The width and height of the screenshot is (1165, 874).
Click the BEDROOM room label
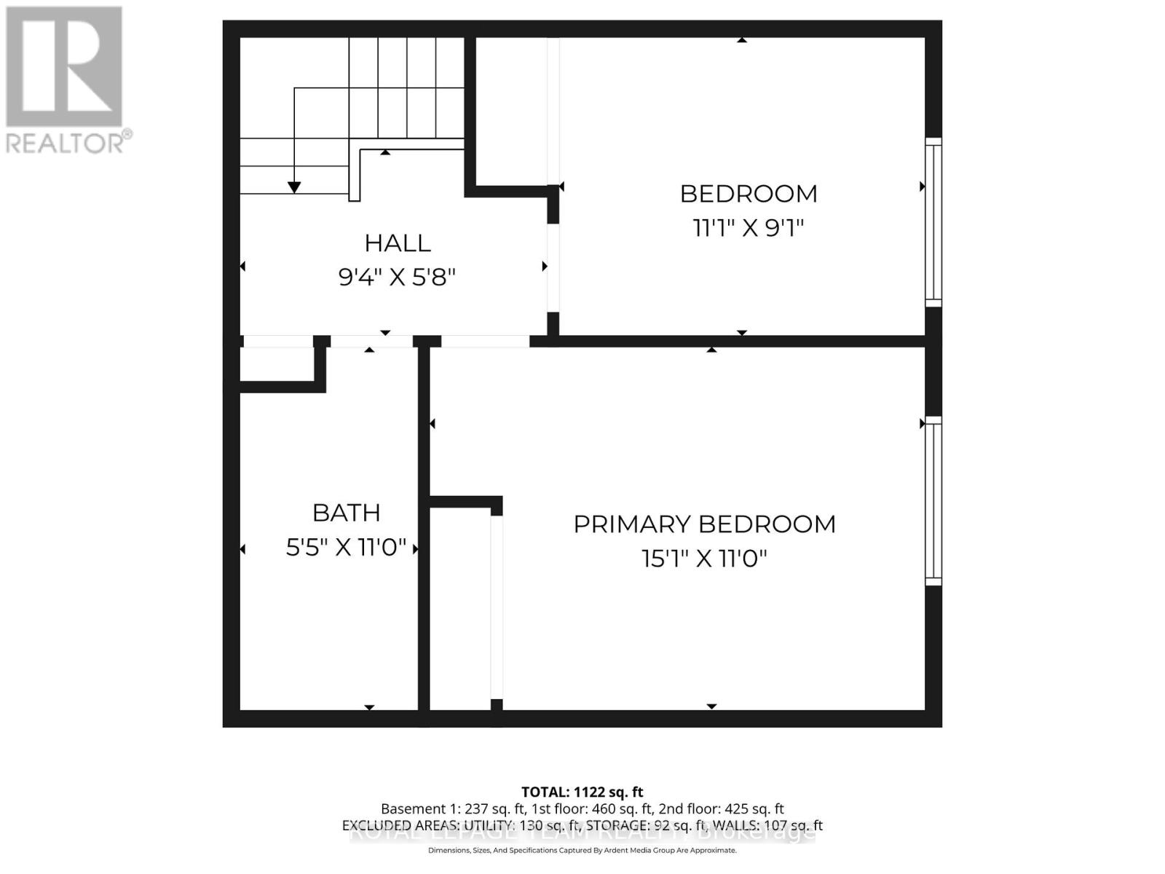tap(749, 194)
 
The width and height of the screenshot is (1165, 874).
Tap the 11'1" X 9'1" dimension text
tap(748, 228)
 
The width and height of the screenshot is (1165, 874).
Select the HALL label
tap(398, 243)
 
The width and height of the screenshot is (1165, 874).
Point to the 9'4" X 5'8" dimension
tap(397, 277)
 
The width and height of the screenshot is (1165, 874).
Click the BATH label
tap(346, 513)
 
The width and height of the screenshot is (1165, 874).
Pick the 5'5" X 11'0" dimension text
tap(346, 547)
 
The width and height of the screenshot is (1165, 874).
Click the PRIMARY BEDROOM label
tap(704, 524)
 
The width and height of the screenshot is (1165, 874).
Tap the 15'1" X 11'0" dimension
tap(704, 559)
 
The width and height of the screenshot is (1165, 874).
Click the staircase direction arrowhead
tap(294, 187)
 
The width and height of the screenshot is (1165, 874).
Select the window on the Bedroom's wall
tap(933, 222)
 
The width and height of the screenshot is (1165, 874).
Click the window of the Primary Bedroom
tap(933, 501)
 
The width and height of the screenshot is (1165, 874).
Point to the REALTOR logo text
tap(69, 143)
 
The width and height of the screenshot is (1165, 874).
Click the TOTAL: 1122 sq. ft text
tap(582, 792)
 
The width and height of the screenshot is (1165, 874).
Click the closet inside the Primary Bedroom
tap(460, 608)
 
